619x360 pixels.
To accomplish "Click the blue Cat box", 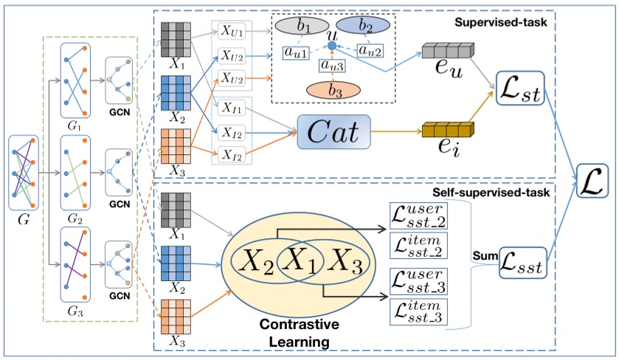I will [x=333, y=132].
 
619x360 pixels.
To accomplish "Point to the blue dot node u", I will [x=332, y=46].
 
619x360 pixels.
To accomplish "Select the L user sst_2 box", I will [x=419, y=215].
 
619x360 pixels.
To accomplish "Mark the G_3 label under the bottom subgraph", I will [x=75, y=313].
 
